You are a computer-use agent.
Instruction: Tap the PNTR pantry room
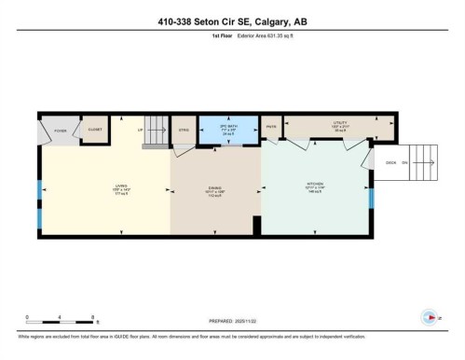[271, 128]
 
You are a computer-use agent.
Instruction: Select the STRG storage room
[184, 132]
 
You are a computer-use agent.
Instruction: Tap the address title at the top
[232, 23]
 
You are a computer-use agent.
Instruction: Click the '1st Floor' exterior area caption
[232, 39]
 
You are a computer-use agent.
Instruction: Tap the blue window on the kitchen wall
[370, 198]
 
